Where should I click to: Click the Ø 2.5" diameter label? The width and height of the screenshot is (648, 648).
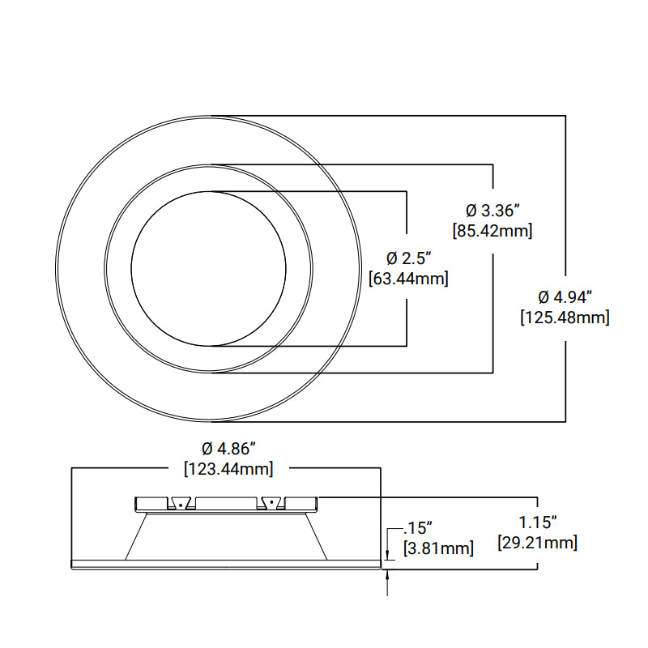(408, 258)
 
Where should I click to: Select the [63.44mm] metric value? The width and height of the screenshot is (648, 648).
(408, 279)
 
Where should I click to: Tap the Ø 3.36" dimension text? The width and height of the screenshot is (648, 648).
(492, 211)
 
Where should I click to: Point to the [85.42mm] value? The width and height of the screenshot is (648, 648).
(492, 231)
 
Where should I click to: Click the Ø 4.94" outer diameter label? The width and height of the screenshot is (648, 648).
(565, 296)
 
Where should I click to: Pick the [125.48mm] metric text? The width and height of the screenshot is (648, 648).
(565, 318)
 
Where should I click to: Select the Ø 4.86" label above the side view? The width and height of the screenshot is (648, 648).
(228, 448)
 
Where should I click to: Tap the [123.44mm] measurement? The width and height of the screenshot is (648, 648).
(228, 468)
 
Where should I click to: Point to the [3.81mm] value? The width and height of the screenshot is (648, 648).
(438, 548)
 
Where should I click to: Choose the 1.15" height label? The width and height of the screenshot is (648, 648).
(537, 522)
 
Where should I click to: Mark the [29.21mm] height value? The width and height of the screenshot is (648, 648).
(537, 543)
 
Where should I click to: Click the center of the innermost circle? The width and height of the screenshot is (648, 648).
(208, 269)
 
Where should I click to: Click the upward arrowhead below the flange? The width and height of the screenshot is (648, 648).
(389, 575)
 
